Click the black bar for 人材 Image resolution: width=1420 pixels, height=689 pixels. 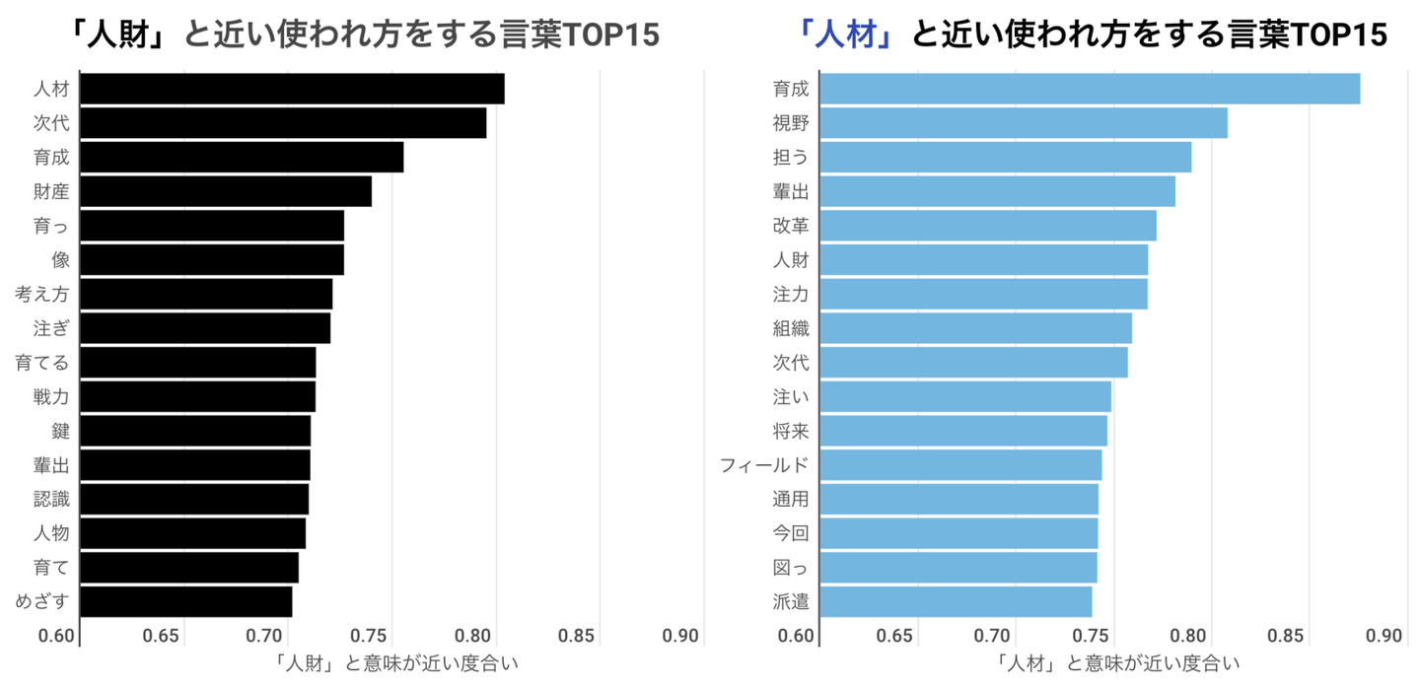click(292, 89)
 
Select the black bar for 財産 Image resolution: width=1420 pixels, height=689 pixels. click(226, 191)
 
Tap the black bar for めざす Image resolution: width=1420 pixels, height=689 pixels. click(186, 601)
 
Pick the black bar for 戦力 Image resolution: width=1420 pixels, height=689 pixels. click(197, 396)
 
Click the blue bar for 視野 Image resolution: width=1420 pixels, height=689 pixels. click(1023, 123)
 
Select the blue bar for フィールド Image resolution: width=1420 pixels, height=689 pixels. click(960, 464)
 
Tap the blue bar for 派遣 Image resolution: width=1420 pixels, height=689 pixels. click(956, 601)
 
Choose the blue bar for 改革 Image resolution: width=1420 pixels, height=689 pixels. click(987, 226)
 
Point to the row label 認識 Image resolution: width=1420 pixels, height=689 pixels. click(51, 499)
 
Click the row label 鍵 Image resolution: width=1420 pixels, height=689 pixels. click(60, 431)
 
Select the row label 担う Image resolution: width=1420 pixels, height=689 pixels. click(791, 158)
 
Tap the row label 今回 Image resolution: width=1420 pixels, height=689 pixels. click(791, 533)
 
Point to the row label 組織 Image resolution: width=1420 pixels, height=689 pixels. click(791, 328)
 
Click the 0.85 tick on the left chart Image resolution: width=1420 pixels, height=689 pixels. click(578, 635)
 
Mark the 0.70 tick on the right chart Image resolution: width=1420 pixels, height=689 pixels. click(997, 635)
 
